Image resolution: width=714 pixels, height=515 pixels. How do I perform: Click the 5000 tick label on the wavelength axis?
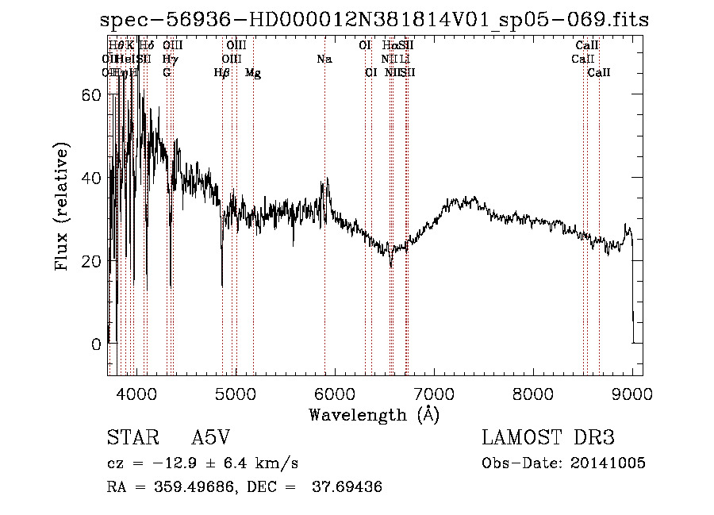235,394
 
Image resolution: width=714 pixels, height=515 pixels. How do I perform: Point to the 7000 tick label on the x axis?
434,394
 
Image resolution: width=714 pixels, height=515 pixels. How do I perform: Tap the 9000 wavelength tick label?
632,394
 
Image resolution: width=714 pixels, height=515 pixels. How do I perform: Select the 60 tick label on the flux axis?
91,94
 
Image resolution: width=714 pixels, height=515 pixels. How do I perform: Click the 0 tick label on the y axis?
97,344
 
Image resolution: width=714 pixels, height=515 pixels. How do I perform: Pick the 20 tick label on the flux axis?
91,261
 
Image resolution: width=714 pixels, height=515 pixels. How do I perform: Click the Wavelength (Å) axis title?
374,414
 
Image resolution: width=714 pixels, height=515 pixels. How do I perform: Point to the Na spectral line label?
324,59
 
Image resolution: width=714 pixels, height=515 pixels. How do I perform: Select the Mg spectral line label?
253,73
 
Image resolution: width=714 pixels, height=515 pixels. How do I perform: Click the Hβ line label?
222,73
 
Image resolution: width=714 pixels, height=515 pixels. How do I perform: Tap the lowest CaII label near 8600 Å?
599,73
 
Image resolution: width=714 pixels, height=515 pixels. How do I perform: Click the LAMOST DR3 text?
547,438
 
